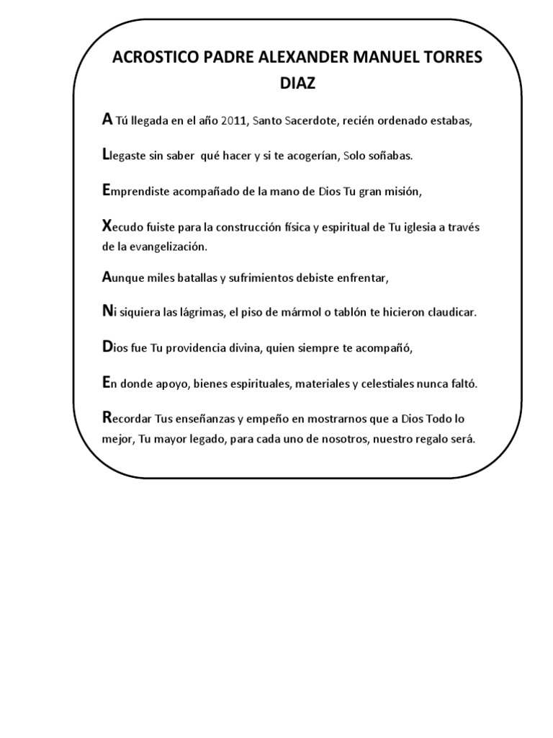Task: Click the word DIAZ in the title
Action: coord(297,84)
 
